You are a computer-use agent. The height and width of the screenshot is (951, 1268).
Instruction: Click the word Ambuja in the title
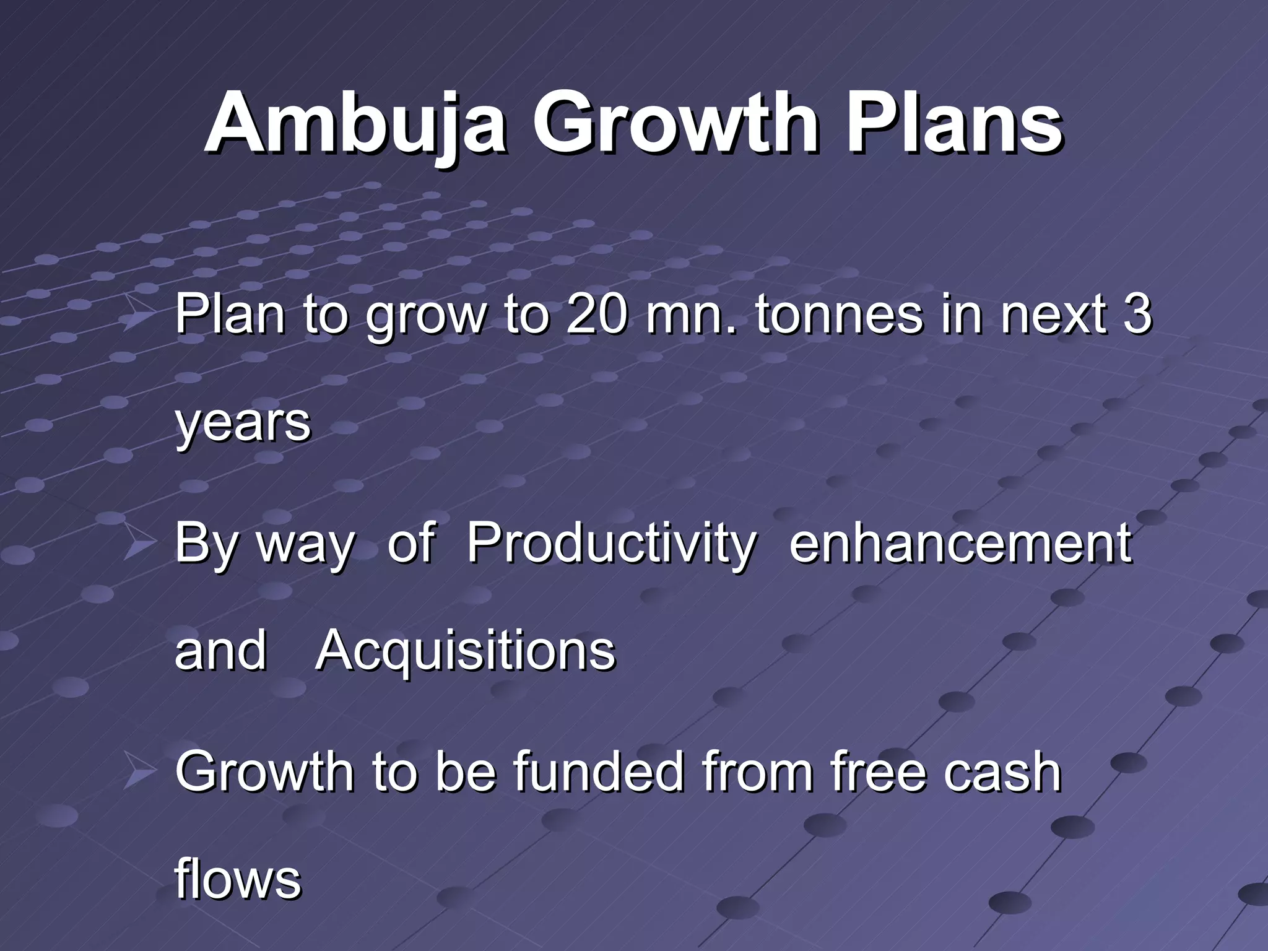[355, 124]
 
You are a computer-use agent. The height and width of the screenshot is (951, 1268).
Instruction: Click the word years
[243, 423]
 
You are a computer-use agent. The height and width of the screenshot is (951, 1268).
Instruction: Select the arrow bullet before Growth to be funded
[140, 770]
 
